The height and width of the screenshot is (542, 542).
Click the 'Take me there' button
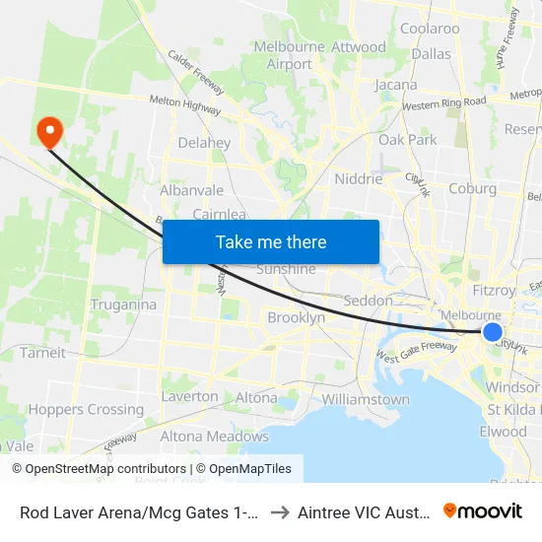pos(270,241)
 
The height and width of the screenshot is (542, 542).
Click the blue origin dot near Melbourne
pos(493,333)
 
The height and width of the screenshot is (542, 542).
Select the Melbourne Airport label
pos(290,55)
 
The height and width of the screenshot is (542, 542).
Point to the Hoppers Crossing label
pos(86,409)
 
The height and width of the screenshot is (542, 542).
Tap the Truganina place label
pos(123,305)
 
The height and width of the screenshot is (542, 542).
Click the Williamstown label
pos(366,399)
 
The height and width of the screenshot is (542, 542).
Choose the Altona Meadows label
pos(214,436)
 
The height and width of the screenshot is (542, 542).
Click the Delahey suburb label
pos(204,143)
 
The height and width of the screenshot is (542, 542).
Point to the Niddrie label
pos(358,179)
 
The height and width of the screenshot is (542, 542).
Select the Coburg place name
pos(472,188)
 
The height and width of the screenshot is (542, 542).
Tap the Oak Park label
pos(407,140)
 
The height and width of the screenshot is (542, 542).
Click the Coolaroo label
pos(430,29)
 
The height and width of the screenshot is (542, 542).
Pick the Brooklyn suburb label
pos(296,317)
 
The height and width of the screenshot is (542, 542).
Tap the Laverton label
pos(189,396)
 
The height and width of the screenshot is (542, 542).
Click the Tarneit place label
pos(42,352)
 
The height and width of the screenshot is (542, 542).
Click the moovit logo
pos(483,510)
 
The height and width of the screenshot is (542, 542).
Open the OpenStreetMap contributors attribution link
pos(100,469)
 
